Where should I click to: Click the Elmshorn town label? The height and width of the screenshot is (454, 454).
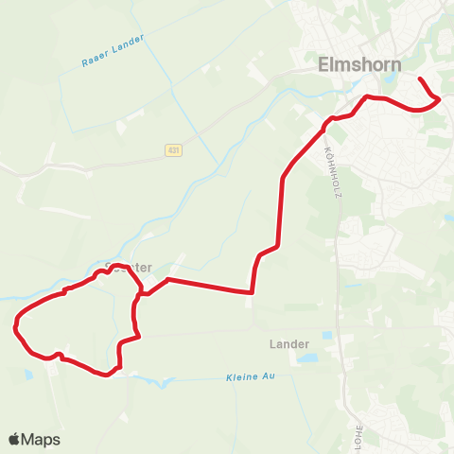point(358,64)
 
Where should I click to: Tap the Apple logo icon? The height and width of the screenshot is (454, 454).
point(15,439)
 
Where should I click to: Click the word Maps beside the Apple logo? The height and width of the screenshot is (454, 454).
point(41,439)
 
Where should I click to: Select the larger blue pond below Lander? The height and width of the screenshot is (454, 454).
point(308,358)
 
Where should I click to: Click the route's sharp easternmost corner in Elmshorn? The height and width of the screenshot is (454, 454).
point(441,98)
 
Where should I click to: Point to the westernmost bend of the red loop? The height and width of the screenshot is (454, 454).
point(16,328)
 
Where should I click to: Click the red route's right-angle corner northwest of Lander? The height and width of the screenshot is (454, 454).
point(253,292)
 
